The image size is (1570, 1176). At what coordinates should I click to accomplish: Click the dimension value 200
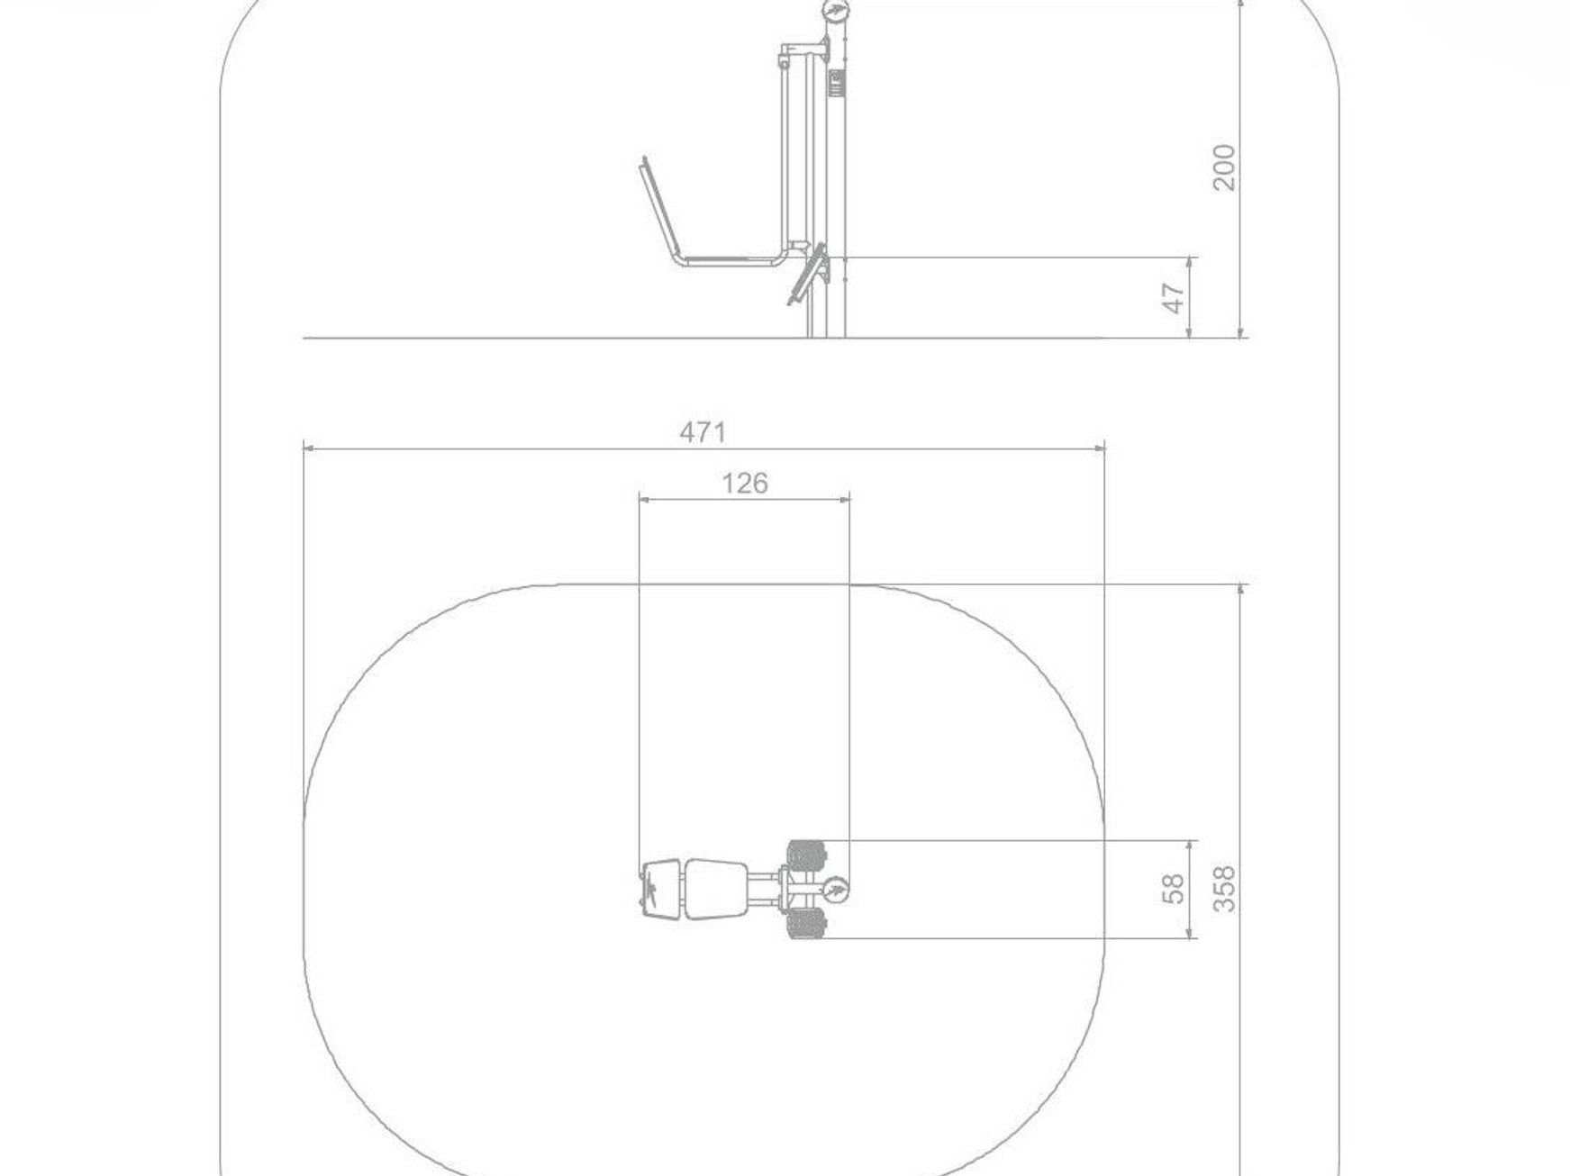1224,167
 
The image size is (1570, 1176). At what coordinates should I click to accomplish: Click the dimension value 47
1174,298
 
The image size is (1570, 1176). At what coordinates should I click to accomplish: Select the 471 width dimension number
703,433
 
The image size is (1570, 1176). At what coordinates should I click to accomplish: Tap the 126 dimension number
745,484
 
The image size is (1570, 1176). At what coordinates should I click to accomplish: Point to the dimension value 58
1174,890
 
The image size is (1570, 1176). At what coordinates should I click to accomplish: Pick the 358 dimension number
1224,889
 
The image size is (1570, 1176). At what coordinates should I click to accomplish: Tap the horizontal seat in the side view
730,260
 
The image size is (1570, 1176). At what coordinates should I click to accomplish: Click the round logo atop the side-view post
834,12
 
